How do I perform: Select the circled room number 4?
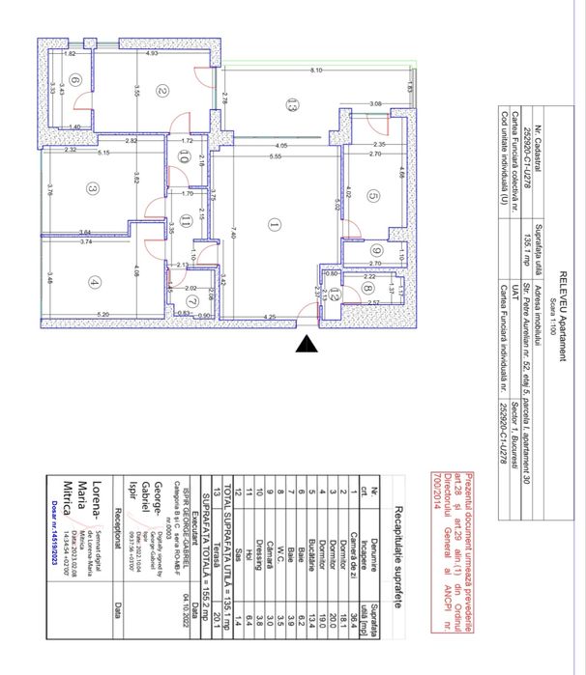pos(94,282)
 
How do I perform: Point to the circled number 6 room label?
pos(74,81)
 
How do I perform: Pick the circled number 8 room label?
pos(368,287)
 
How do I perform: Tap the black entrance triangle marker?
pos(308,343)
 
